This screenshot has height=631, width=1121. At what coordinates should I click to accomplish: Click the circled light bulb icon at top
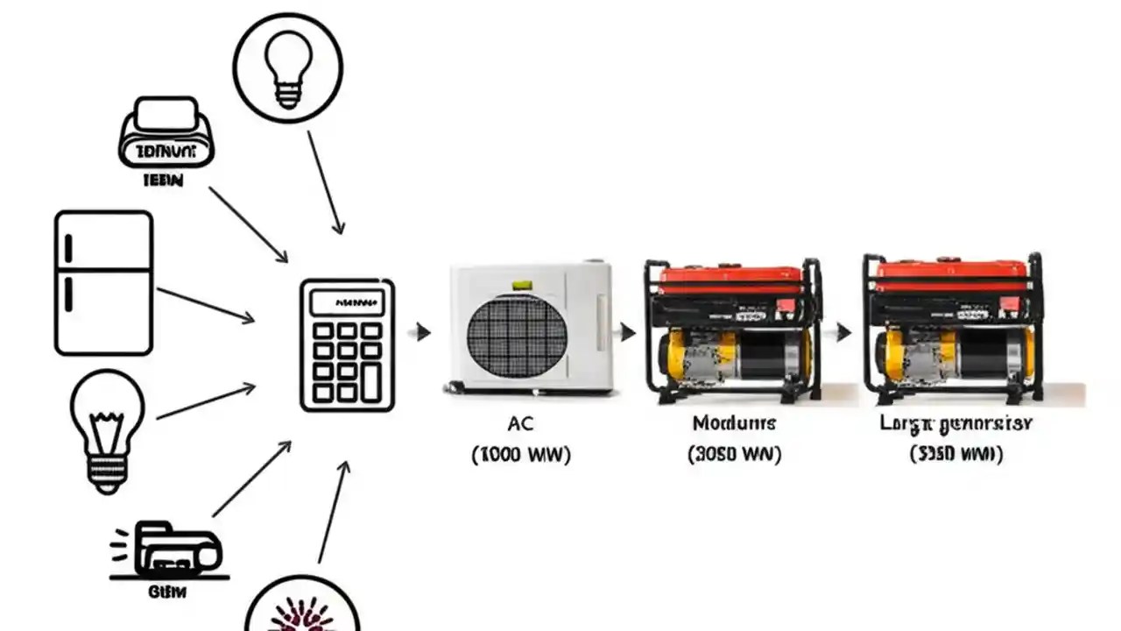point(287,67)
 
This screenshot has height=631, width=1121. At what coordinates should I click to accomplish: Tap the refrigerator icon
point(103,283)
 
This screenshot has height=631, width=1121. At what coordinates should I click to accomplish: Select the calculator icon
point(347,345)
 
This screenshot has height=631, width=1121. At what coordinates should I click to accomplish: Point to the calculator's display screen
point(347,303)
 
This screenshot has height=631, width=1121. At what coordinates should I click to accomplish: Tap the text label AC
point(520,424)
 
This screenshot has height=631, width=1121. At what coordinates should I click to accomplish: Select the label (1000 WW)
point(521,456)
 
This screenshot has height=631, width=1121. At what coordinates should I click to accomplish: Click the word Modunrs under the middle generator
point(734,424)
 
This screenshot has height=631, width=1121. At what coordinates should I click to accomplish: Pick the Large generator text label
point(956,424)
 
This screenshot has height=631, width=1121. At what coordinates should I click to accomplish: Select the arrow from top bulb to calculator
point(324,182)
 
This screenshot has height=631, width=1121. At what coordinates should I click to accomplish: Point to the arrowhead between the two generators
point(844,332)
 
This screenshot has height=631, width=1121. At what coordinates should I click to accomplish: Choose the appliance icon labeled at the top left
point(166,133)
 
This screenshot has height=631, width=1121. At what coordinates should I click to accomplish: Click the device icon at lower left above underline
point(166,550)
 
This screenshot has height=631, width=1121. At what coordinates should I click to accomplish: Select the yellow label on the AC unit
point(522,286)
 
